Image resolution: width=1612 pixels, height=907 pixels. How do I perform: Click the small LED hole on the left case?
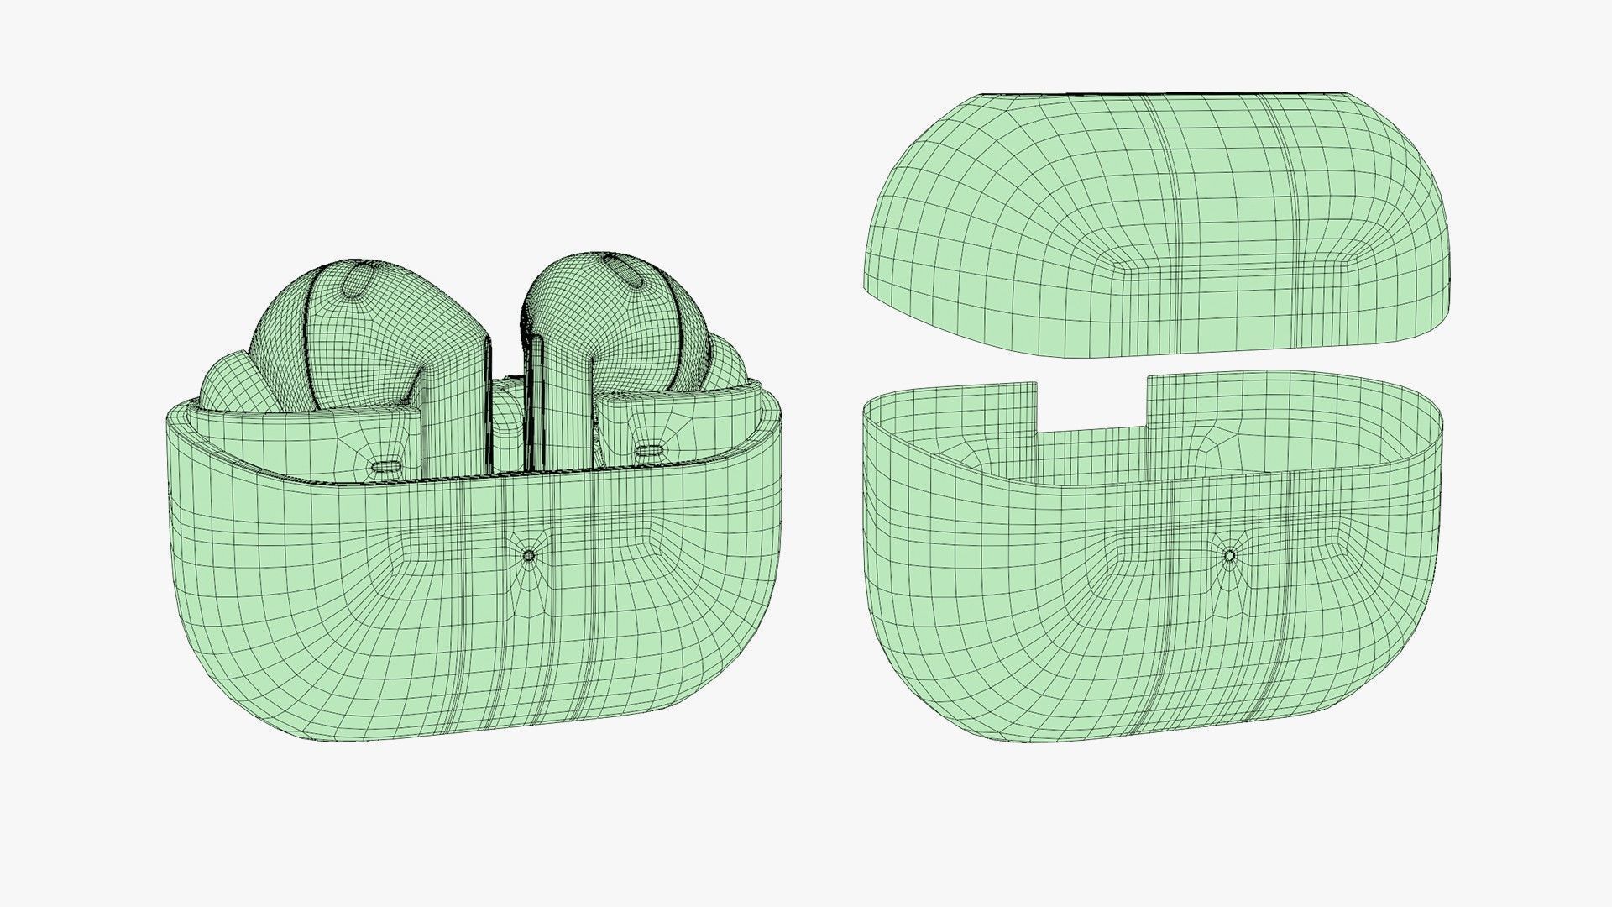point(529,555)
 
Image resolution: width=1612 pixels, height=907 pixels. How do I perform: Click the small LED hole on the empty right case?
point(1229,555)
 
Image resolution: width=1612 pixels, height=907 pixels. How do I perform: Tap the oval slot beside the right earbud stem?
point(646,452)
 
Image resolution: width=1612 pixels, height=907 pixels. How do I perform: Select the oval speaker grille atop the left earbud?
point(355,279)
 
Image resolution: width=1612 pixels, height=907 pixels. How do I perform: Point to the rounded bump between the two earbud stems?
point(506,428)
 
